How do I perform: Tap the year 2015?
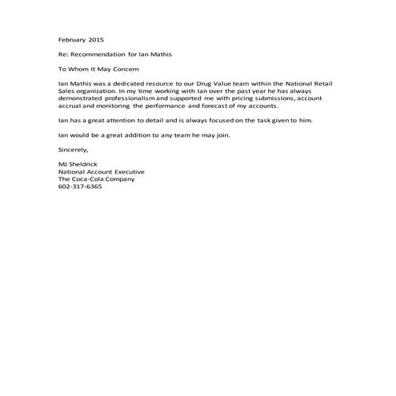(96, 38)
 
